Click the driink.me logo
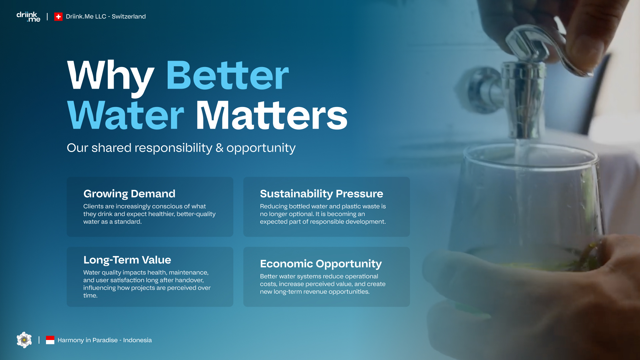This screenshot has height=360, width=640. click(28, 17)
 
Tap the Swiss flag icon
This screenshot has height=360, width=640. click(58, 17)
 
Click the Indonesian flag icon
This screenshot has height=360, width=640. click(50, 340)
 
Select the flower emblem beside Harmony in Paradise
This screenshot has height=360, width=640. click(24, 340)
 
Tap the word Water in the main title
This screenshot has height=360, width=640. click(125, 115)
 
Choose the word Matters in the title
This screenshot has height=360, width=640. click(272, 115)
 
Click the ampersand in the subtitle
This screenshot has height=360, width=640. click(219, 148)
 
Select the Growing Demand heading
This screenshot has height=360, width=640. click(129, 194)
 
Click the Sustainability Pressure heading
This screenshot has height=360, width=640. click(322, 194)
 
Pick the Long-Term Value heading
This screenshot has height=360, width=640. click(127, 260)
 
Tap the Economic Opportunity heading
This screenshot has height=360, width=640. click(321, 264)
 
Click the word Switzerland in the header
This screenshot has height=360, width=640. click(129, 17)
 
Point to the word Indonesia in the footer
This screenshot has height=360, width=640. click(137, 340)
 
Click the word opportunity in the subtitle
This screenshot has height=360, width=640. click(261, 148)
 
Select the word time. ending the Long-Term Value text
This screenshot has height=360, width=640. click(90, 296)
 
